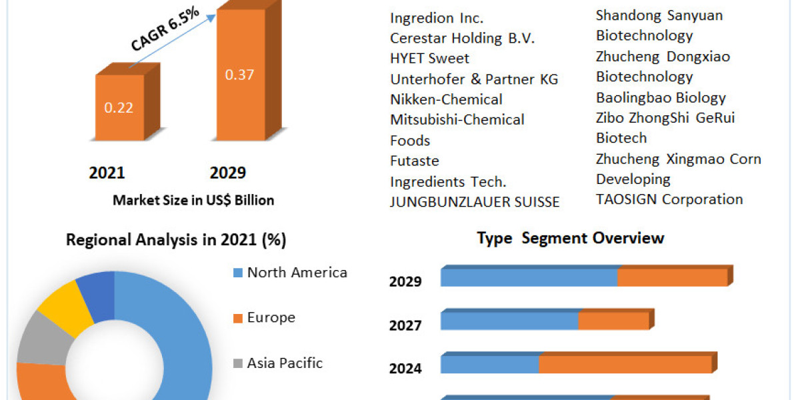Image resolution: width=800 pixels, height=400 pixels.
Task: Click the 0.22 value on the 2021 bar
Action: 119,107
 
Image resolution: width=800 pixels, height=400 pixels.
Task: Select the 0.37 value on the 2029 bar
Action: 239,75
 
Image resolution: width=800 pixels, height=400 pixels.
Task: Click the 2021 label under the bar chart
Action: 107,173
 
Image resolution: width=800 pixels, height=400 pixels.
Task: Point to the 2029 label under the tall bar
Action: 228,173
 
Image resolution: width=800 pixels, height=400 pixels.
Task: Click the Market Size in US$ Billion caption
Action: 193,200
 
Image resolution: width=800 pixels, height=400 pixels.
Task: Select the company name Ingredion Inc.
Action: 437,18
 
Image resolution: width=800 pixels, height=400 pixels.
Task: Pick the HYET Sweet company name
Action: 429,59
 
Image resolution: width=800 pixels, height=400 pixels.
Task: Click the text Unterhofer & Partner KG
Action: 474,79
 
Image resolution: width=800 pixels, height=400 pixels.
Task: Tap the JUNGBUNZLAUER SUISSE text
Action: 475,202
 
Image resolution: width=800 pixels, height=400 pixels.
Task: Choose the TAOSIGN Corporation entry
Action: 669,199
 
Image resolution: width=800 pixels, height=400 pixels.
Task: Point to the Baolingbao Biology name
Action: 661,97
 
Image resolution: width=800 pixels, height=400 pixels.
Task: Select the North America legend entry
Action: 297,272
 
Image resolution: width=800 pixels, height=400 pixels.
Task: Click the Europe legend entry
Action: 271,317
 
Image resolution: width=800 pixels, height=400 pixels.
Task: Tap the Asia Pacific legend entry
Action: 285,363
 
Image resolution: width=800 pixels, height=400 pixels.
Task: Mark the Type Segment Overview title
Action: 571,238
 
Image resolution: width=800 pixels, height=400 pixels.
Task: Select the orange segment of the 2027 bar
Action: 613,321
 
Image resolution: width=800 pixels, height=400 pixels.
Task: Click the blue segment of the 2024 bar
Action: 490,365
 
